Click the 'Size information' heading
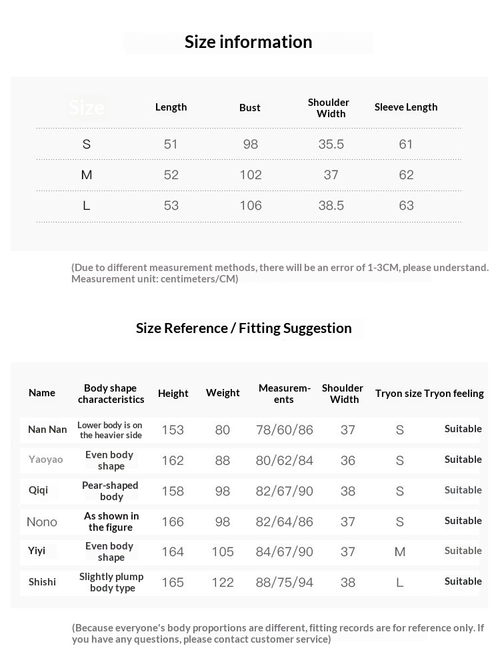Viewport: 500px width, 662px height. tap(248, 42)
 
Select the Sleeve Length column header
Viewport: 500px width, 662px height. tap(406, 107)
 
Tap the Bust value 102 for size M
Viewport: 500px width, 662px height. tap(251, 175)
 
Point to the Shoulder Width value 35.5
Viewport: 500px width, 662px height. tap(331, 145)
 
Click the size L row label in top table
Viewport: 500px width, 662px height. tap(86, 206)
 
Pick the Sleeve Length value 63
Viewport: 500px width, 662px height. tap(406, 206)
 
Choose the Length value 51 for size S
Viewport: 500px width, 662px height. tap(171, 145)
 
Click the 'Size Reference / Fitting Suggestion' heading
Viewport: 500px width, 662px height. tap(244, 328)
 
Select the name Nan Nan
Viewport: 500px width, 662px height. tap(47, 430)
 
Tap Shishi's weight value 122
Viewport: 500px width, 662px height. tap(223, 583)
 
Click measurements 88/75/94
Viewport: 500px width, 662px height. tap(285, 583)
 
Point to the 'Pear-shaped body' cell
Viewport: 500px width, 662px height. tap(111, 491)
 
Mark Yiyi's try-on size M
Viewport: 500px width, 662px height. tap(400, 552)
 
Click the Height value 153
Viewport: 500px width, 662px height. tap(173, 430)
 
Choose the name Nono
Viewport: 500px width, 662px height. tap(42, 522)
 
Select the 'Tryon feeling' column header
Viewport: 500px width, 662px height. tap(454, 394)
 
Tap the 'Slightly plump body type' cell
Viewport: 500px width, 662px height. tap(111, 582)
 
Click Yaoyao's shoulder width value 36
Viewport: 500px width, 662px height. tap(348, 461)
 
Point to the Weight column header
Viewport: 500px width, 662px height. tap(223, 394)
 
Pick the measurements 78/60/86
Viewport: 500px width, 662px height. tap(285, 430)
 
